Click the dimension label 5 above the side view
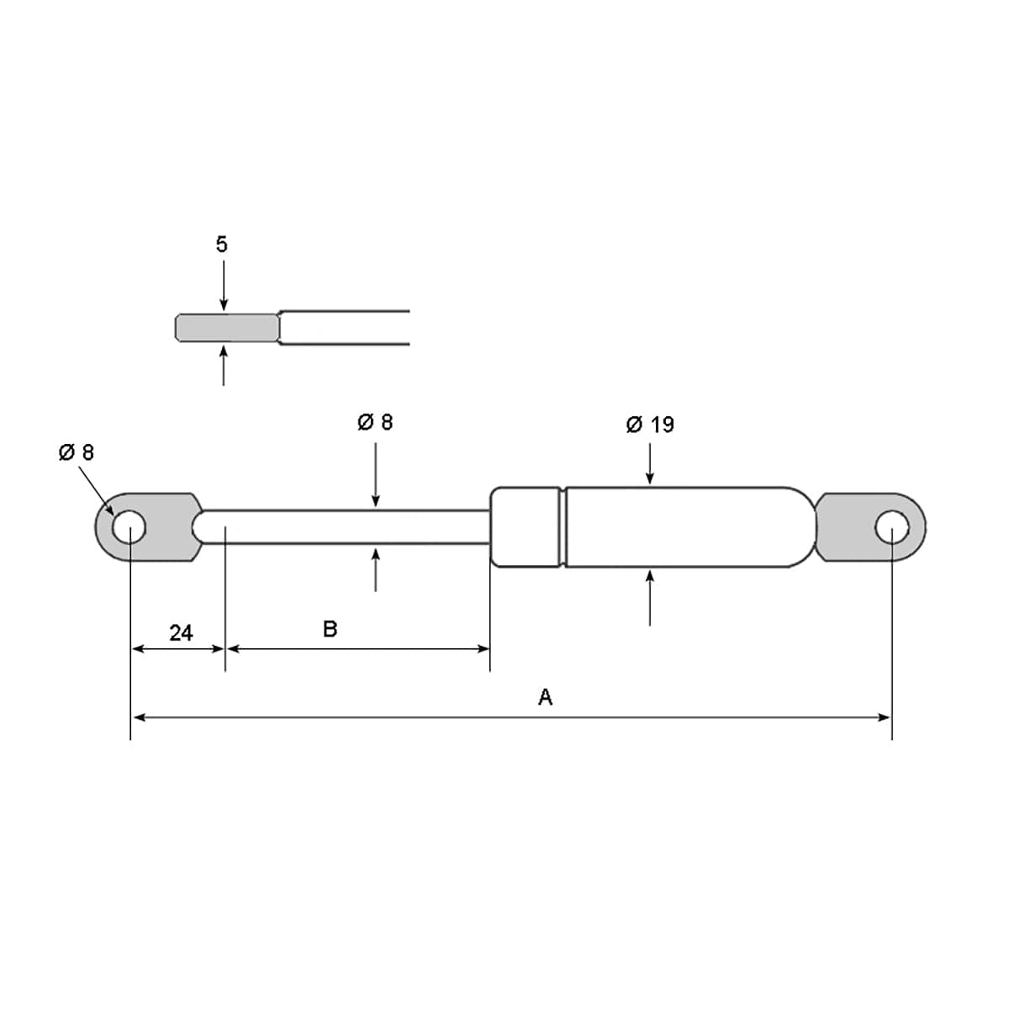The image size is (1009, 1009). [221, 245]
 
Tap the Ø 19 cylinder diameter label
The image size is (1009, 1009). [650, 425]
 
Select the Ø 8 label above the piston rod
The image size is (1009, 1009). [375, 422]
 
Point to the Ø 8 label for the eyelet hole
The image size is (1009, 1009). [77, 452]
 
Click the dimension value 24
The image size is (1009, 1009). [181, 633]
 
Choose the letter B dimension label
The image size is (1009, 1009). [330, 629]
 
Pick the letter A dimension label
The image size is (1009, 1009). [545, 697]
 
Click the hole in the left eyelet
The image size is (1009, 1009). [129, 527]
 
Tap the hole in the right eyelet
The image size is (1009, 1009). [892, 527]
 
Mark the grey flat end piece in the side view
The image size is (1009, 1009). [227, 328]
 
